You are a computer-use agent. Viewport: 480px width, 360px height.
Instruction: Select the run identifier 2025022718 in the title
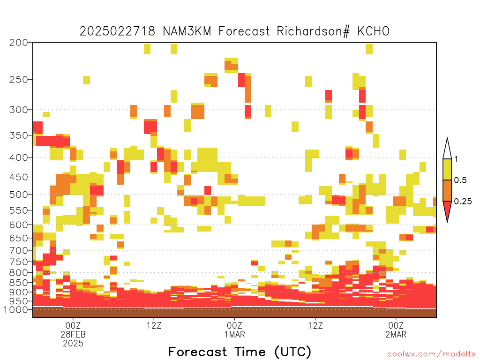click(x=118, y=31)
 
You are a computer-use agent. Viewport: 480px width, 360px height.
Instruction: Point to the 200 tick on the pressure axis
click(x=19, y=42)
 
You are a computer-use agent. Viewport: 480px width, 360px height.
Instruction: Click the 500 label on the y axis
click(x=19, y=195)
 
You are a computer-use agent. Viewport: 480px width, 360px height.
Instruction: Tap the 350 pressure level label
click(x=19, y=135)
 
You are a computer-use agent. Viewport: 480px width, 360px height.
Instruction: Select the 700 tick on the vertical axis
click(x=19, y=250)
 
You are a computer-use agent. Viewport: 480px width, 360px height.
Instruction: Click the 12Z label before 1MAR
click(x=154, y=325)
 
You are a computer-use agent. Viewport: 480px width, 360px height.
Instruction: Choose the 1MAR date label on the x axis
click(x=235, y=334)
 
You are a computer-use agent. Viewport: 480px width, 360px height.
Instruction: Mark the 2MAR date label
click(x=396, y=334)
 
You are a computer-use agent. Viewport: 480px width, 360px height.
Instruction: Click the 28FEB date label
click(x=73, y=334)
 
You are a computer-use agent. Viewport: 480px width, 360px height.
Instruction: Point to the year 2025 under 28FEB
click(x=73, y=344)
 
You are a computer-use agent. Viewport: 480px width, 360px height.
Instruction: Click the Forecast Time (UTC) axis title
click(x=240, y=352)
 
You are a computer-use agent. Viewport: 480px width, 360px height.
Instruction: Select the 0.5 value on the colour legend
click(x=460, y=180)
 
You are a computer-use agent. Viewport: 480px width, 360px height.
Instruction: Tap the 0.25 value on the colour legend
click(x=463, y=201)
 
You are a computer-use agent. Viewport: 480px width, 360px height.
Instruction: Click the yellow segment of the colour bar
click(x=447, y=169)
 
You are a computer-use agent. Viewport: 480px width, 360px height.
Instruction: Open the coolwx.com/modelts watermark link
click(x=431, y=354)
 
